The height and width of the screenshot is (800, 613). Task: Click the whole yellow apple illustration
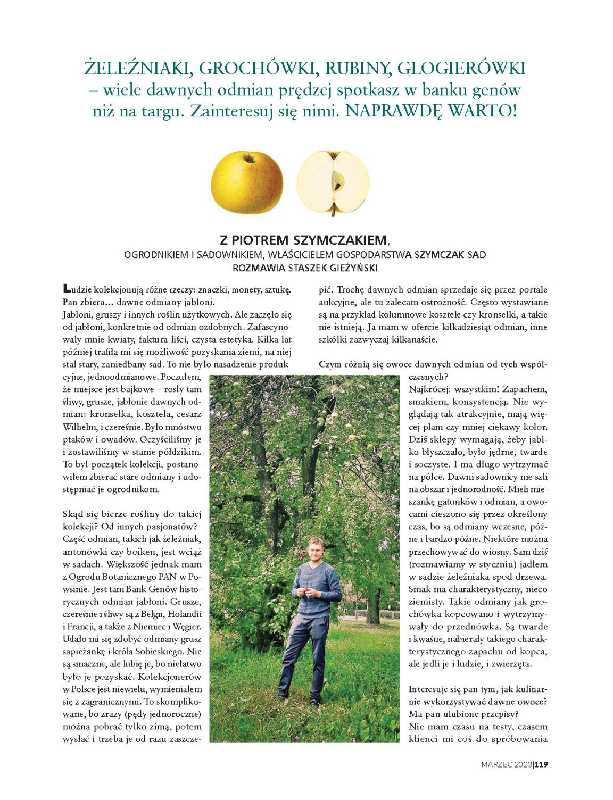pos(247,182)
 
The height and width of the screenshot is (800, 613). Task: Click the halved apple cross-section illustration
pos(333,182)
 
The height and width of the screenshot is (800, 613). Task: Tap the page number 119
pos(541,764)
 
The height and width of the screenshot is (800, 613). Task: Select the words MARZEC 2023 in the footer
pos(506,764)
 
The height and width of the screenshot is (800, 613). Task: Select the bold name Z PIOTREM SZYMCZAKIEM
pos(305,240)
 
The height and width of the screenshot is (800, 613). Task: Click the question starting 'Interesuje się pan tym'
pos(477,689)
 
